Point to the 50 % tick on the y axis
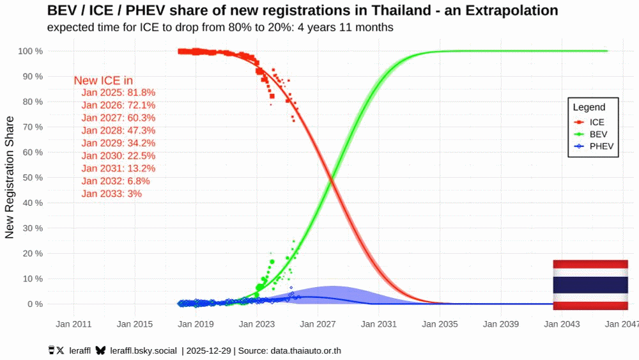31,177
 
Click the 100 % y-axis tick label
29,51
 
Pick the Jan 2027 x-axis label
317,324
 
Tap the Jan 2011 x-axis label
73,324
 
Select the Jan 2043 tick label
562,324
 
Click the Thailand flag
590,285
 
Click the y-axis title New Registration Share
10,178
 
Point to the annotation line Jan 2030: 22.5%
118,155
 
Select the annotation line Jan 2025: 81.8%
118,92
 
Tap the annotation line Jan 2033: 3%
112,193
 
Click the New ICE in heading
103,81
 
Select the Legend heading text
589,107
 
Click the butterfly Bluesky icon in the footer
100,350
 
